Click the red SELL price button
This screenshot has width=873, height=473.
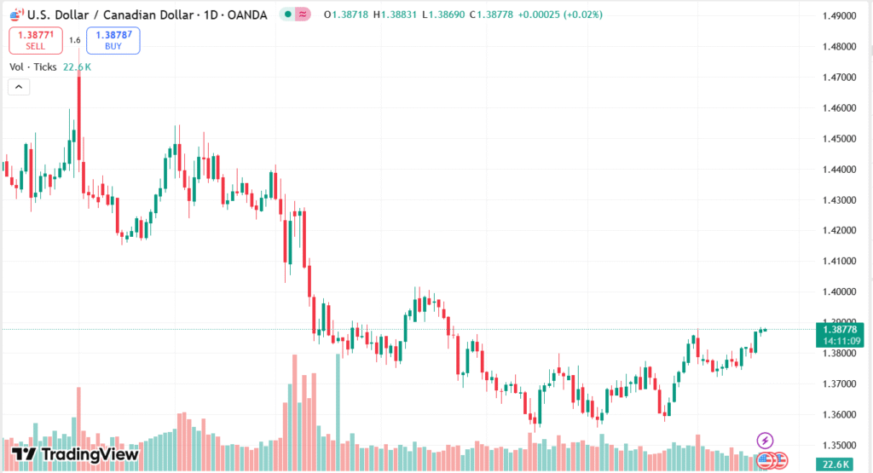point(35,40)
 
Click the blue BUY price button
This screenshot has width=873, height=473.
point(113,40)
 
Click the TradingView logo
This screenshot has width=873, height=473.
point(76,454)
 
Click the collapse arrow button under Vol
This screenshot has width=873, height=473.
point(19,86)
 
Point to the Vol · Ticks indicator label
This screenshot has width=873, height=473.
point(33,66)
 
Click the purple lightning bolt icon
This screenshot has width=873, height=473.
point(765,440)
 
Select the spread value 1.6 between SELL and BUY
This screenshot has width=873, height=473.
point(75,40)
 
